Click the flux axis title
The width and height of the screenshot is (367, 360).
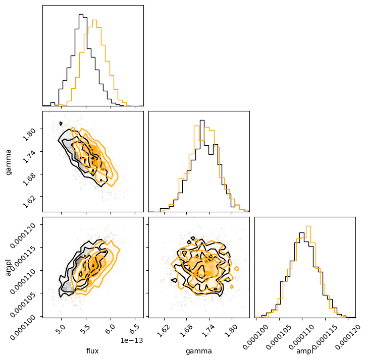coord(93,351)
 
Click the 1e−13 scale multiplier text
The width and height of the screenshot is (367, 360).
coord(132,341)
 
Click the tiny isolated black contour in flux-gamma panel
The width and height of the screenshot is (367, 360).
coord(61,123)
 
